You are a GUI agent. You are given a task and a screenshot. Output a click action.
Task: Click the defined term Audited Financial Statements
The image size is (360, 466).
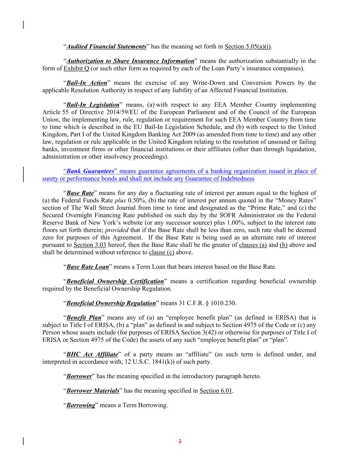106,46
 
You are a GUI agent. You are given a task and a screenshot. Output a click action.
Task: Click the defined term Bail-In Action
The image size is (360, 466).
87,83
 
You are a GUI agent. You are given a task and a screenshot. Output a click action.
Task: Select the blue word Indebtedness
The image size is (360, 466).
237,179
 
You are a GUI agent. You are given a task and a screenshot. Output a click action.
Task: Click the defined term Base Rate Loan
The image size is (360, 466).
87,267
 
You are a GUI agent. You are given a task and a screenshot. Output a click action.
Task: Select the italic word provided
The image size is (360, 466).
117,230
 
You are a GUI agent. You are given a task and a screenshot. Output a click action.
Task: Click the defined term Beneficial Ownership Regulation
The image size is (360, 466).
111,303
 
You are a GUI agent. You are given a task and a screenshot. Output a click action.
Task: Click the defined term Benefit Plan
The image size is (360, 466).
84,318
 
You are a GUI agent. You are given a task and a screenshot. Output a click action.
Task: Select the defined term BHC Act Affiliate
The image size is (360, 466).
92,354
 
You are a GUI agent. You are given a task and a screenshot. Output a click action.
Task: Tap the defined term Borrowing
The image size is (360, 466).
81,405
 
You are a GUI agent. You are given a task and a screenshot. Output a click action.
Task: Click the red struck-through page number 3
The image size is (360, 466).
180,442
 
